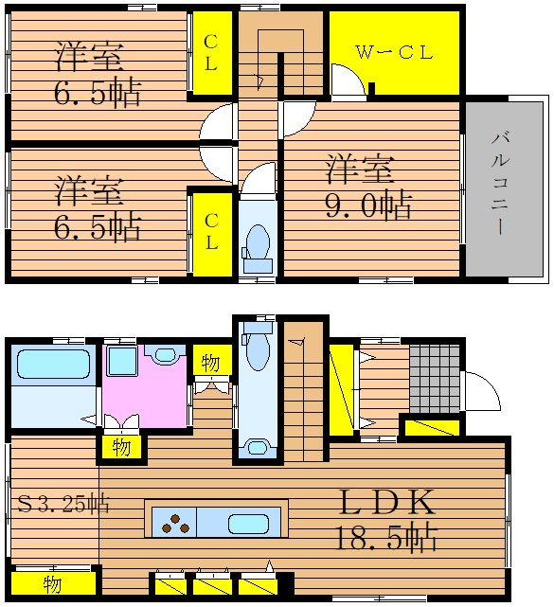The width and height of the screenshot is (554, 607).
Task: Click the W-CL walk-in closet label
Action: click(x=394, y=52)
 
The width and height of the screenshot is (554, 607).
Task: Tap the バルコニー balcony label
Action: click(x=499, y=183)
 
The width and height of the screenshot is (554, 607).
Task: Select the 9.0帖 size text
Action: click(x=367, y=205)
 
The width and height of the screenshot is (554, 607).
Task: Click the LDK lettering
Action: click(x=386, y=502)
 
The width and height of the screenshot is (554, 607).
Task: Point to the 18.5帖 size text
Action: click(x=386, y=537)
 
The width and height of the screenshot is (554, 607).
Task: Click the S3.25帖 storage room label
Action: click(x=63, y=504)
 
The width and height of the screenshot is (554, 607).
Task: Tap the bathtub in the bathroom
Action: click(x=54, y=364)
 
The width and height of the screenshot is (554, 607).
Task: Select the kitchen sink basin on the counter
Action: click(x=248, y=525)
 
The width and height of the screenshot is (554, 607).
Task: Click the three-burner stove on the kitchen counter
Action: click(x=176, y=523)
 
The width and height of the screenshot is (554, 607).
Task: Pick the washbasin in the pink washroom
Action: click(x=166, y=354)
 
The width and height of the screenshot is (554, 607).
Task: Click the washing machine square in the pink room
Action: click(x=122, y=361)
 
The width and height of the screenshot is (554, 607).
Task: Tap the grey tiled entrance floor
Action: click(x=435, y=379)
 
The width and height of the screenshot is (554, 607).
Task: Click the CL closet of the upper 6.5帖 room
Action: click(x=211, y=53)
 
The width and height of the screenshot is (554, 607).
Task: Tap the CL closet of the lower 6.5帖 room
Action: click(x=211, y=234)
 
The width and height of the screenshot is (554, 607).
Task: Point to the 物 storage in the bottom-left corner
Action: click(x=53, y=583)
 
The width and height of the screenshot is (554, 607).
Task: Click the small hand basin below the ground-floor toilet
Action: click(x=257, y=448)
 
